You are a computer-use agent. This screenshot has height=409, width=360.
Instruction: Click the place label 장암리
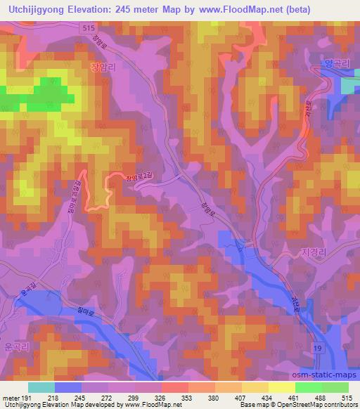click(103, 68)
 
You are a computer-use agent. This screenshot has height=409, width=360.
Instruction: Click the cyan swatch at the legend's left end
click(41, 387)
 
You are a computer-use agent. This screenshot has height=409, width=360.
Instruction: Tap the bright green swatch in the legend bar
click(308, 387)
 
